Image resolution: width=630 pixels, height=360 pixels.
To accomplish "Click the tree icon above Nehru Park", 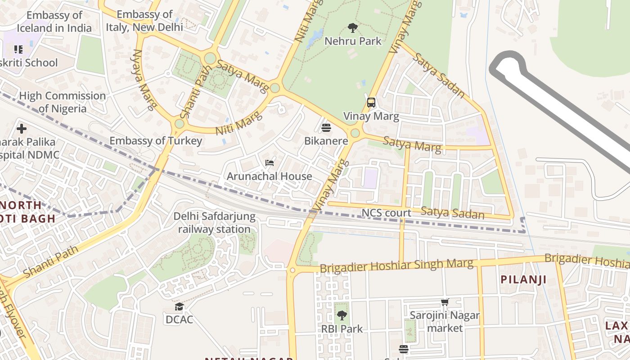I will [x=353, y=28].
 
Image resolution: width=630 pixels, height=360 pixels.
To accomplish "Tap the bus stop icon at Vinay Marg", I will [x=371, y=103].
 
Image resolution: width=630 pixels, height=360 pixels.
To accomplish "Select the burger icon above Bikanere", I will [x=326, y=128].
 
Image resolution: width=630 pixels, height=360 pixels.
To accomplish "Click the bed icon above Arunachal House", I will [x=270, y=162].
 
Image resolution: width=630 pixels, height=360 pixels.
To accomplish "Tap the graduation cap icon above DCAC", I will [x=179, y=307].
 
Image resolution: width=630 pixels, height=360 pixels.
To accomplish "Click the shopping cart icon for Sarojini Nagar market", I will [x=445, y=302].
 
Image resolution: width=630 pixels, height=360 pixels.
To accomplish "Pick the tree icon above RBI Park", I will [x=342, y=315].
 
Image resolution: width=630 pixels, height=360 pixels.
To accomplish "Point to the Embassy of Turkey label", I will [x=156, y=141].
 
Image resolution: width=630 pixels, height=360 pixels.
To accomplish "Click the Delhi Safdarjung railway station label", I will [x=214, y=223].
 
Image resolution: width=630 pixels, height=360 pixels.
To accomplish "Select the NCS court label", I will [x=387, y=213].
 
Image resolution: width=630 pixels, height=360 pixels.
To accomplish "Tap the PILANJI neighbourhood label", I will [x=524, y=279].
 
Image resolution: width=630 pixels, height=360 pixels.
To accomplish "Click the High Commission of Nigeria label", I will [x=62, y=102].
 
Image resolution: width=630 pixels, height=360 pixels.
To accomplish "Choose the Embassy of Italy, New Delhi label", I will [x=144, y=21].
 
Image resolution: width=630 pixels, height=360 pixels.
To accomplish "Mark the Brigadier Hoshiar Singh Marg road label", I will [x=396, y=265].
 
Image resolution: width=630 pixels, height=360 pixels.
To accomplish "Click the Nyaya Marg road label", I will [x=144, y=80].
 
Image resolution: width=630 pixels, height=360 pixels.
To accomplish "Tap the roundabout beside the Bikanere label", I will [x=355, y=133].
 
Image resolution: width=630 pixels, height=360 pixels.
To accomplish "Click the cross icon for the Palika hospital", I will [x=21, y=129].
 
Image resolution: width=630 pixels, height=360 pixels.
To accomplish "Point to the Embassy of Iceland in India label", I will [x=54, y=22].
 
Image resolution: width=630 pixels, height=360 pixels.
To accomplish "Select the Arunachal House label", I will [x=269, y=176].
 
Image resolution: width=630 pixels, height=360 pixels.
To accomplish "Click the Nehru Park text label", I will [x=353, y=41].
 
